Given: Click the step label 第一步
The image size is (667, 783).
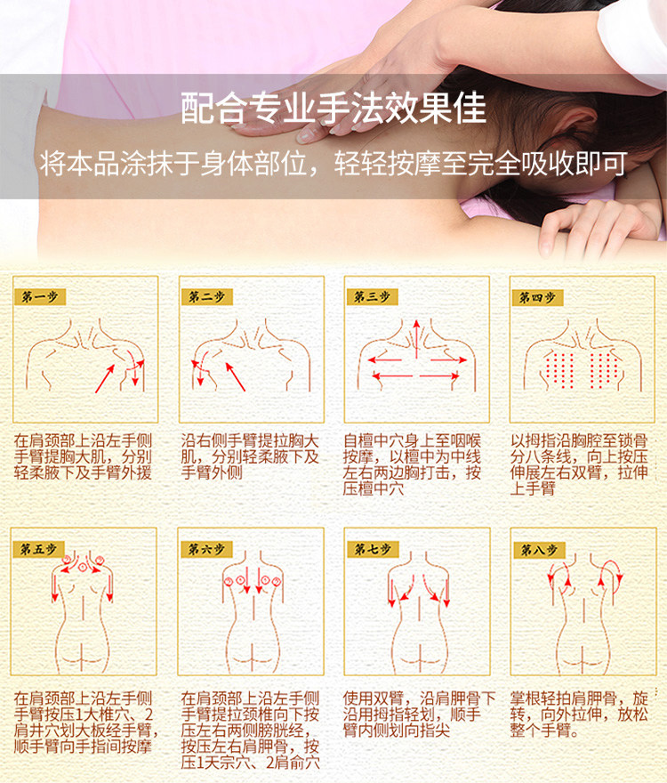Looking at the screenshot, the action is [40, 296].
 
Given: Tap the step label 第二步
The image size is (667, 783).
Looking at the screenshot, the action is [206, 296].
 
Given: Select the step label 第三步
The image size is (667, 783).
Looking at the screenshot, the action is [372, 296].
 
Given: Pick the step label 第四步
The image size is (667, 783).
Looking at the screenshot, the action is [537, 297].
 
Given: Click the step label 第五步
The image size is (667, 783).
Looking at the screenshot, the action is [38, 549].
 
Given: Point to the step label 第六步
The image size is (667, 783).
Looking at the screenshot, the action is [205, 549].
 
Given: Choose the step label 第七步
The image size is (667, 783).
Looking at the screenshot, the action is [373, 549].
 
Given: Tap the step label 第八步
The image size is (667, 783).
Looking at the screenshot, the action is [539, 550].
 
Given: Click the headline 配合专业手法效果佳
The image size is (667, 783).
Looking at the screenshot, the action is [333, 108].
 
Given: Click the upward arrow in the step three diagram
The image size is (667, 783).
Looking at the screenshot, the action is [416, 340].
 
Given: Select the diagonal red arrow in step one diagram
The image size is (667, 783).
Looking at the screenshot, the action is [105, 378].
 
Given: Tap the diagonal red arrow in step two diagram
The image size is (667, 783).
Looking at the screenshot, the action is [235, 376].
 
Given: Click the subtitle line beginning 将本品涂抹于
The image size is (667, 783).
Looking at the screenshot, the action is [333, 164].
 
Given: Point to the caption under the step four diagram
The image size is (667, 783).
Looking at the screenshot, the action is [579, 464].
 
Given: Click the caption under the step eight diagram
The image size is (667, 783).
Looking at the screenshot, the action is [579, 714].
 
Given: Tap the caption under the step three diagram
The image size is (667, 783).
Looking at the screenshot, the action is [413, 464].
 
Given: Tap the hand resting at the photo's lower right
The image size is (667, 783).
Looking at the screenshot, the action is [599, 227].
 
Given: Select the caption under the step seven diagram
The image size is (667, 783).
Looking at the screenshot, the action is [418, 714].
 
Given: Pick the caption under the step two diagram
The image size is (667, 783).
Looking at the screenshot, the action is [250, 456].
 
